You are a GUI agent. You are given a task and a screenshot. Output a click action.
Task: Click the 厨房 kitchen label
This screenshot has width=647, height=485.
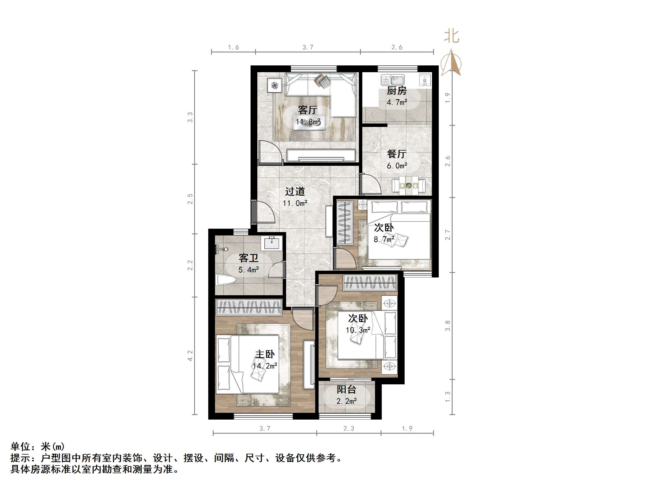coord(397,91)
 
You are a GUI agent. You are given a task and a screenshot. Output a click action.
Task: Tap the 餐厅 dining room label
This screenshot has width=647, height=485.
coord(397,154)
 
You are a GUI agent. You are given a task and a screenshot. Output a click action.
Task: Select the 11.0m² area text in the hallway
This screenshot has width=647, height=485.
coord(295,203)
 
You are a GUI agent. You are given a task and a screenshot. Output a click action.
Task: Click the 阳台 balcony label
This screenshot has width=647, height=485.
coord(346,389)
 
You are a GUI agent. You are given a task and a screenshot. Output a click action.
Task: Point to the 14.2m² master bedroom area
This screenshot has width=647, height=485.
coord(265,366)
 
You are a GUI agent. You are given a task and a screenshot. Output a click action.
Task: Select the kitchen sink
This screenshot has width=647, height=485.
coord(392,80)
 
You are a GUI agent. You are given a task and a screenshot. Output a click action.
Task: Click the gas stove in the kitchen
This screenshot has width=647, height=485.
coord(425,80)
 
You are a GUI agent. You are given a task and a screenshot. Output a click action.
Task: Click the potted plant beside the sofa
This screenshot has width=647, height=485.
coord(275,85)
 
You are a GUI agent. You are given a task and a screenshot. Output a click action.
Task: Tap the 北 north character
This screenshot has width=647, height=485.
coord(452,36)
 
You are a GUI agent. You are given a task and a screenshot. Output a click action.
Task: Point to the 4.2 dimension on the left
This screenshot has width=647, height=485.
coord(190,356)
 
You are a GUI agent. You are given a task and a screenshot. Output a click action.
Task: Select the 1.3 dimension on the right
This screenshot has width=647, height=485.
coord(448,397)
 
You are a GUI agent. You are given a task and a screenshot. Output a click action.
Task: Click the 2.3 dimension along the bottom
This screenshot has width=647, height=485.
coord(348,429)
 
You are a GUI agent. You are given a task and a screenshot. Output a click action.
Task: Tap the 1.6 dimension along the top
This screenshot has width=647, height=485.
coord(233,47)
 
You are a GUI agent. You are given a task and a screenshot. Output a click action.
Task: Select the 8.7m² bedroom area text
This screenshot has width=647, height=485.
coord(384,239)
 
